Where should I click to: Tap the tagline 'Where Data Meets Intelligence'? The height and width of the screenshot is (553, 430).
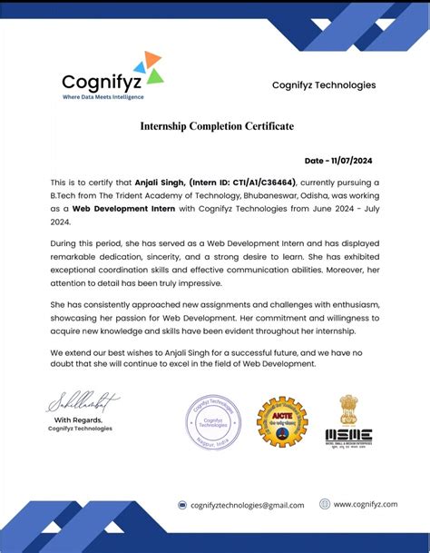point(103,96)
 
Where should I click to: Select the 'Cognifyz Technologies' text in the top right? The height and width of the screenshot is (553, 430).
point(323,84)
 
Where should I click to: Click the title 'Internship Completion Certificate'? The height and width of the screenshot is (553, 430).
point(216,126)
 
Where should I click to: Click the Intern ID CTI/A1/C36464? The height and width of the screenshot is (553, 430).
point(239,182)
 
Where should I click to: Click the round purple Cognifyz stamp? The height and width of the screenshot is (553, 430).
point(215,422)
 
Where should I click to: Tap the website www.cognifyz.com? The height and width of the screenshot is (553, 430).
point(366,504)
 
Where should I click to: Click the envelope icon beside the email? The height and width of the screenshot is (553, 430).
point(182,505)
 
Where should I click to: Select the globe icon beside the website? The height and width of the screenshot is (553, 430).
point(324,504)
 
